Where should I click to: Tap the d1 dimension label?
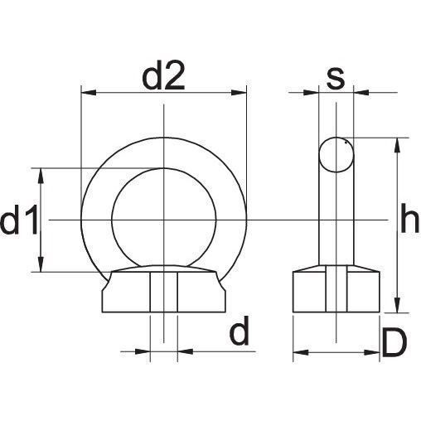click(x=18, y=221)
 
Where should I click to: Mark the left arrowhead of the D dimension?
click(x=299, y=351)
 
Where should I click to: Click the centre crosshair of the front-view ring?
click(x=164, y=220)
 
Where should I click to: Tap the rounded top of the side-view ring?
click(x=336, y=140)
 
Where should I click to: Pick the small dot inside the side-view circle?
click(x=346, y=142)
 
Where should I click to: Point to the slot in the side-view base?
click(x=336, y=291)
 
